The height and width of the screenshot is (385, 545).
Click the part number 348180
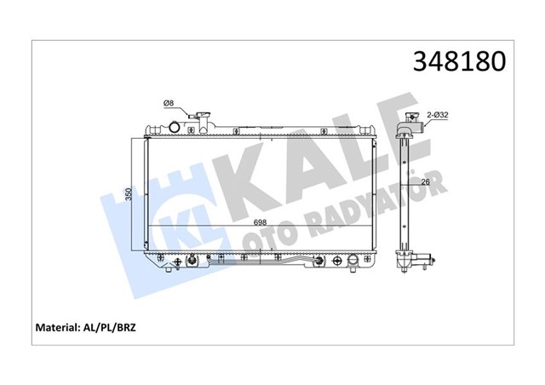point(459,61)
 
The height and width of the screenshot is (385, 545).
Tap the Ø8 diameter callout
point(169,104)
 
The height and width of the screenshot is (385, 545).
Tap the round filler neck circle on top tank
point(176,128)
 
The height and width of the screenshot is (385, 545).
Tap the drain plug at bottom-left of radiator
point(194,261)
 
